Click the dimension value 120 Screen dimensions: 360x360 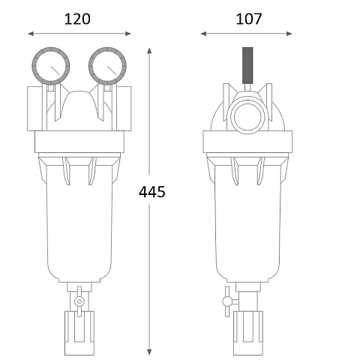pyautogui.click(x=78, y=19)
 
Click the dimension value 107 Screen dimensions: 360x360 pyautogui.click(x=248, y=19)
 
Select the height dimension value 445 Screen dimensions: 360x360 pyautogui.click(x=152, y=192)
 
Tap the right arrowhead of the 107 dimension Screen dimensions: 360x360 pyautogui.click(x=292, y=33)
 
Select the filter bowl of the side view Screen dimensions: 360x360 pyautogui.click(x=248, y=225)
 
